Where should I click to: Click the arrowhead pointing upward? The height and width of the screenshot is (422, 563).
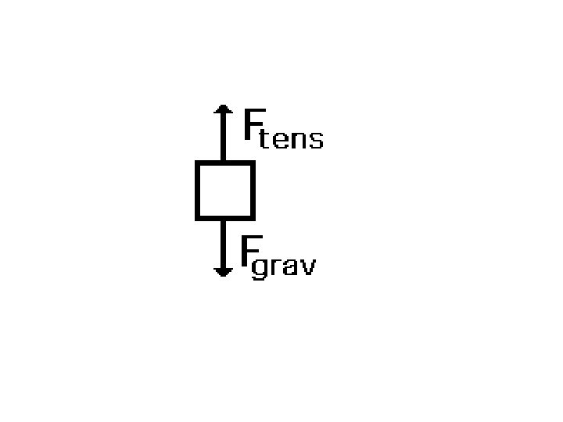(224, 110)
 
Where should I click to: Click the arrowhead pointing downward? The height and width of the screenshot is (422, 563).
(224, 271)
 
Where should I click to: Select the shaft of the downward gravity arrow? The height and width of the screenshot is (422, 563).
(224, 242)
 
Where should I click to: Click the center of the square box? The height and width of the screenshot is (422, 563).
(224, 190)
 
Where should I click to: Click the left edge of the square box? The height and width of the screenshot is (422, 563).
(198, 190)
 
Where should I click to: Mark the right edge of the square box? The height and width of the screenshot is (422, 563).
(252, 190)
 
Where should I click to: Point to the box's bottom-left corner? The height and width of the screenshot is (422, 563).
(198, 216)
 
